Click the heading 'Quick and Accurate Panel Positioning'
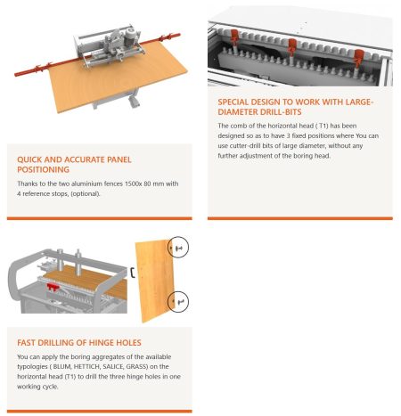coord(74,165)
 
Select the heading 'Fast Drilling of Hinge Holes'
coord(79,343)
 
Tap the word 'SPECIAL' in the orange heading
coord(233,102)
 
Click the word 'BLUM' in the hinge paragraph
coord(61,366)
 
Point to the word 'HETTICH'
coord(86,366)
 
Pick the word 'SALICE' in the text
coord(113,366)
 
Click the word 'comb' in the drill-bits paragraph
coord(239,126)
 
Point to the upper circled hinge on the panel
coord(178,247)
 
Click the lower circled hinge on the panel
coord(178,302)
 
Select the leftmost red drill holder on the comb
coord(234,37)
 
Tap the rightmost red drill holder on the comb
coord(359,58)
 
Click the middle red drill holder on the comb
coord(292,46)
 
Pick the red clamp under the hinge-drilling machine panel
coord(53,287)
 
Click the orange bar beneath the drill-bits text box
coord(300,218)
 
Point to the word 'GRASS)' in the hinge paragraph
coord(137,366)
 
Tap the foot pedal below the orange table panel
coord(134,102)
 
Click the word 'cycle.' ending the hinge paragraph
coord(49,387)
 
